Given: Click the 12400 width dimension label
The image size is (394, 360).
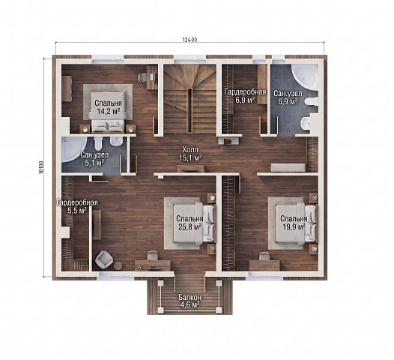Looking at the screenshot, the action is [190, 40].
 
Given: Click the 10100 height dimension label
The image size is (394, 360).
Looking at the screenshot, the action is [41, 167].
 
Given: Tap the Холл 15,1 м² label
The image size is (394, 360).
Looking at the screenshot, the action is [190, 154].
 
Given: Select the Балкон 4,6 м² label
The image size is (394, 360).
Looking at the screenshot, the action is [190, 301].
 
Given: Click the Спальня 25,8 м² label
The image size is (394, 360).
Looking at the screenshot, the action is [190, 223].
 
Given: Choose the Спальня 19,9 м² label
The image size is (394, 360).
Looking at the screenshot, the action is [294, 223].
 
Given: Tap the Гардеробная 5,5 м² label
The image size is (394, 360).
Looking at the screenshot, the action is [77, 206].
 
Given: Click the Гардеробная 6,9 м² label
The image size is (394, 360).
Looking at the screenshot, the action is [245, 96].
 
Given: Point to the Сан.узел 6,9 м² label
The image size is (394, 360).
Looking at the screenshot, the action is [288, 97].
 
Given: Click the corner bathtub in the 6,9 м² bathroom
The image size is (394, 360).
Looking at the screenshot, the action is [305, 76].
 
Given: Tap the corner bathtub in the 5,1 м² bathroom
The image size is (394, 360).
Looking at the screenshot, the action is [73, 149].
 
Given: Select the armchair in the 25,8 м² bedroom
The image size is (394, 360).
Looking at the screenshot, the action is [104, 259].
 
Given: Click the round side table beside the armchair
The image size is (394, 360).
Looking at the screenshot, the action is [118, 265].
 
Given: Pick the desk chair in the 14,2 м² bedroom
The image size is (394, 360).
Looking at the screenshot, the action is [142, 76].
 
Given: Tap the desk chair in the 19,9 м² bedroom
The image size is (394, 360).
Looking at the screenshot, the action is [264, 256].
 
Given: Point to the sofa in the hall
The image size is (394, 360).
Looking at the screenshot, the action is [288, 168].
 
